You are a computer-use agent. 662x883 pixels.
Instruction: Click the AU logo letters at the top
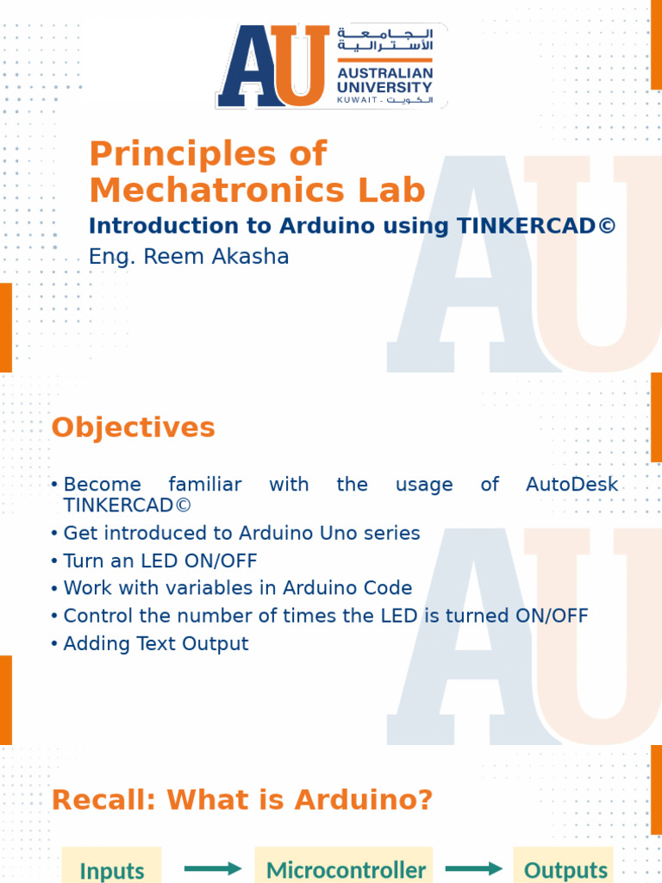[x=273, y=66]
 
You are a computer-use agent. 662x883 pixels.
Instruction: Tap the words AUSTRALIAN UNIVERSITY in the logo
[x=384, y=80]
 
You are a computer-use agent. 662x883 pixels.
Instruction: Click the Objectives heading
[x=134, y=428]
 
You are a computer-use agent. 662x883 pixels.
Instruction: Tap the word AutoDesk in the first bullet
[x=571, y=485]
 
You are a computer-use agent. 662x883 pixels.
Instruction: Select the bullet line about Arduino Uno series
[x=241, y=533]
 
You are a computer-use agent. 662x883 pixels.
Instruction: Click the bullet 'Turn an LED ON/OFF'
[x=160, y=560]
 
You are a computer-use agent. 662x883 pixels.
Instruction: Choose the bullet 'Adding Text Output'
[x=155, y=643]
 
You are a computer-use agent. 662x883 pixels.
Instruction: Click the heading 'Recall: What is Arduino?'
[x=241, y=800]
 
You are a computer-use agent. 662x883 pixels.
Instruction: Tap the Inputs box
[x=111, y=869]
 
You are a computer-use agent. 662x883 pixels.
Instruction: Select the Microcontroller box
[x=345, y=869]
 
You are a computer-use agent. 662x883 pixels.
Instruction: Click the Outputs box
[x=565, y=869]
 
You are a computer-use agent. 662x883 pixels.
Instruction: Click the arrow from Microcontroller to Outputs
[x=473, y=869]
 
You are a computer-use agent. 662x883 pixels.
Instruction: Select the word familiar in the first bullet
[x=205, y=485]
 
